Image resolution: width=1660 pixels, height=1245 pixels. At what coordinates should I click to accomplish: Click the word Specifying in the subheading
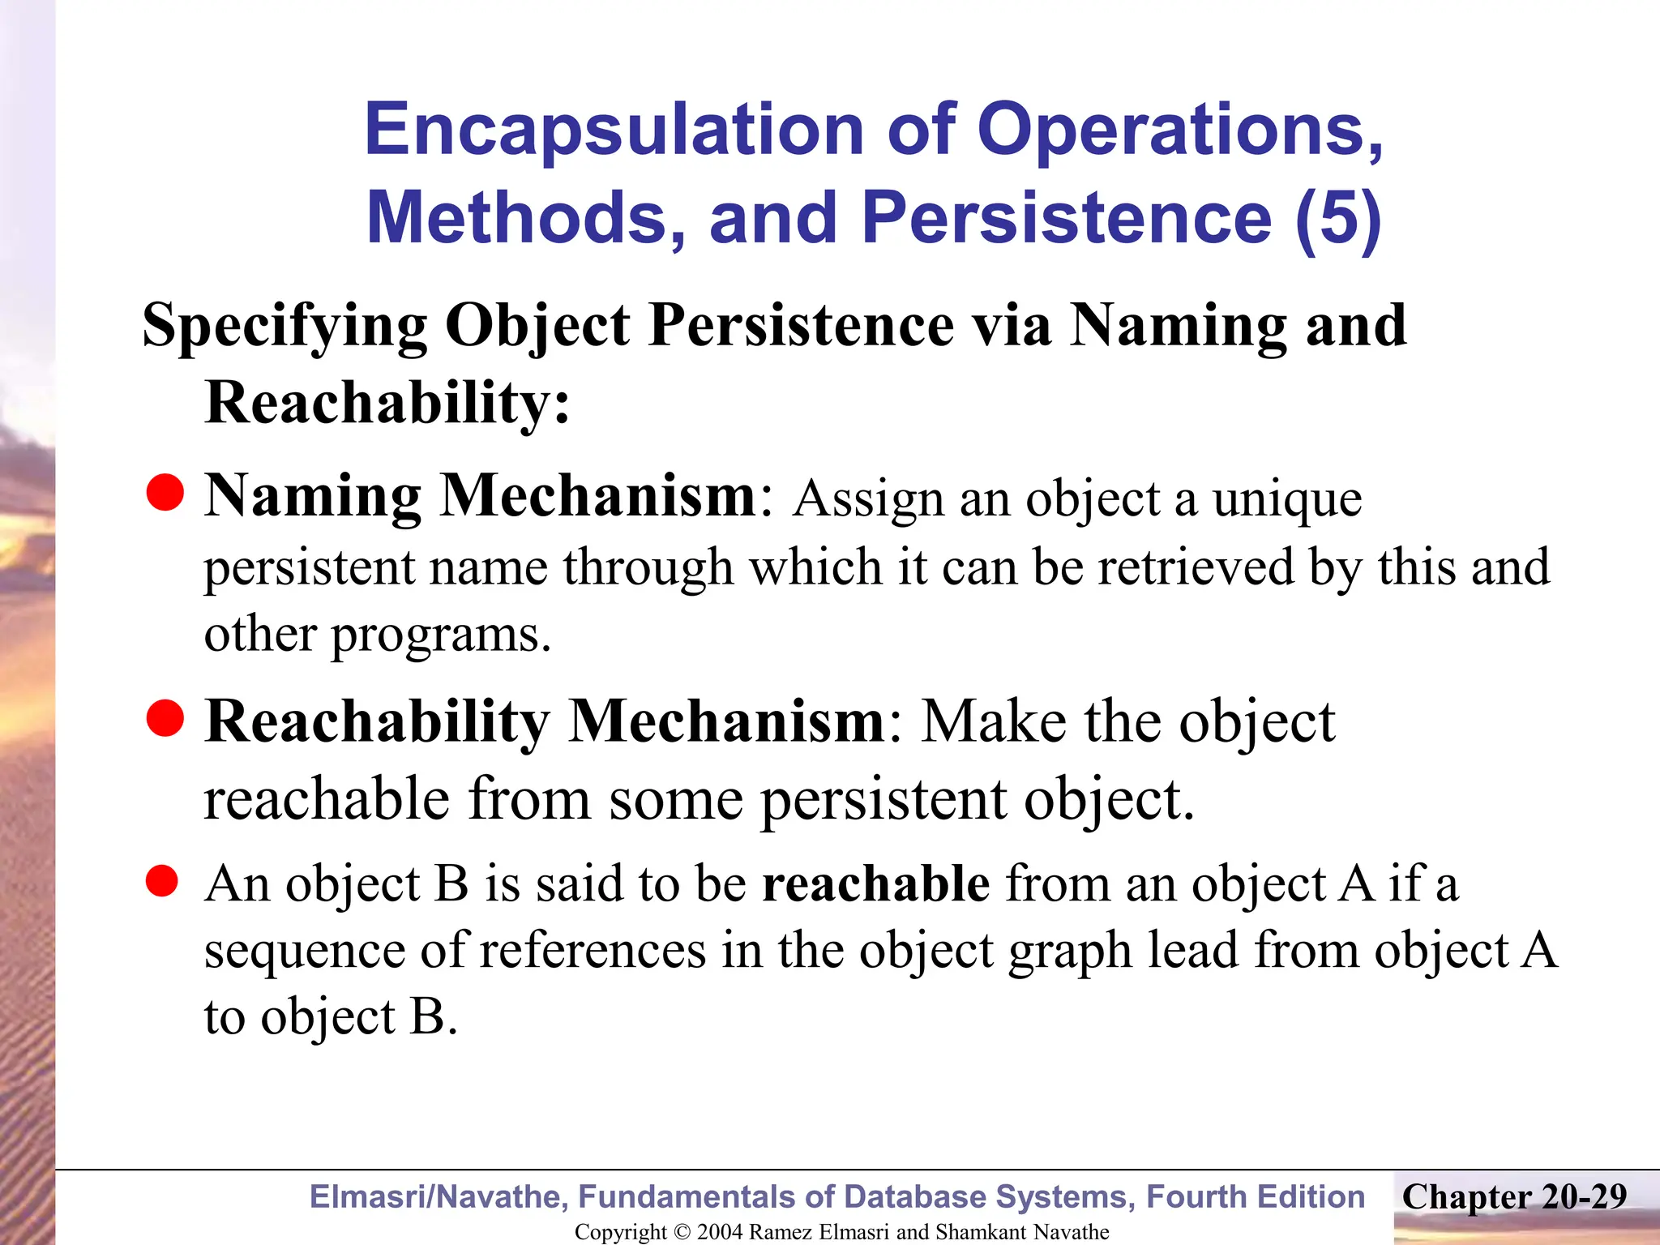coord(285,326)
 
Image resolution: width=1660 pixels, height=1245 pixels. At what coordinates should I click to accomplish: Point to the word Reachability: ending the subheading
coord(387,402)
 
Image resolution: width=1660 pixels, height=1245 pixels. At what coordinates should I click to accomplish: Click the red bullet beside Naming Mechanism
coord(165,493)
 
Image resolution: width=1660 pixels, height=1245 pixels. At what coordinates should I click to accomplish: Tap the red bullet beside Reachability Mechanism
coord(165,718)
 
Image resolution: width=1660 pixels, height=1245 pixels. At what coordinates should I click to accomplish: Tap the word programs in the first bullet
coord(441,634)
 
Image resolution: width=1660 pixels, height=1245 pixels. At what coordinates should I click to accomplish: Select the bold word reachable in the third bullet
coord(875,883)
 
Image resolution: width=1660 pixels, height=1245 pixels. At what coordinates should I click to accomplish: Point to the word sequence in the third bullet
coord(304,950)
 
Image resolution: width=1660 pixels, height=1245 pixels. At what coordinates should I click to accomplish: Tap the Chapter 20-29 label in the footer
coord(1514,1196)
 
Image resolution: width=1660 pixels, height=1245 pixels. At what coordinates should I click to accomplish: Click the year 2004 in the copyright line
coord(719,1232)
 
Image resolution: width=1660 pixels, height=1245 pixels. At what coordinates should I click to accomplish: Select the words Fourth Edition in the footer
coord(1256,1196)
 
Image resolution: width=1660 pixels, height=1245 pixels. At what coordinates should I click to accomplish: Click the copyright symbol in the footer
coord(682,1232)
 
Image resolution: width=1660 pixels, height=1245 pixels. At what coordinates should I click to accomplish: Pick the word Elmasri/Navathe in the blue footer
coord(439,1196)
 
